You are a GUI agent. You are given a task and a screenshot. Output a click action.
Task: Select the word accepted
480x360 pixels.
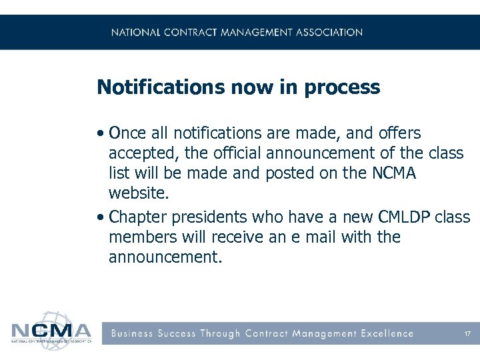click(143, 154)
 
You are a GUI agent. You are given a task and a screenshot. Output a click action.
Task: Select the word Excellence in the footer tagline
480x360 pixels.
click(387, 333)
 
